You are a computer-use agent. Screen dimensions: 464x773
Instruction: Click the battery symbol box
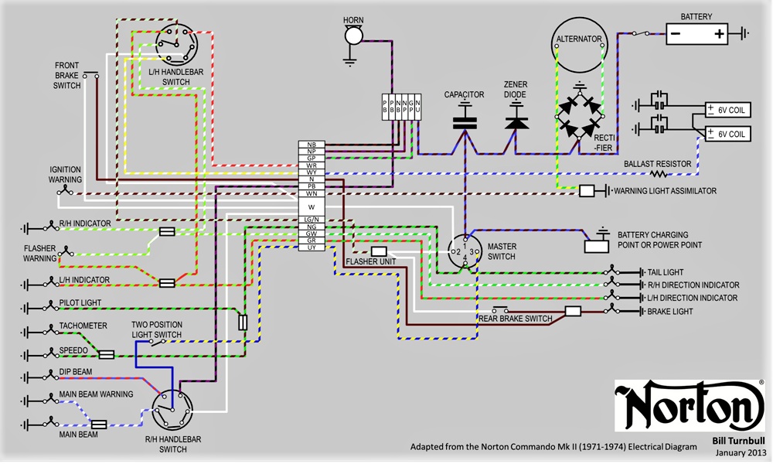click(696, 33)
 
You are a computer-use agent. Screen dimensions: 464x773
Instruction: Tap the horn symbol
click(352, 35)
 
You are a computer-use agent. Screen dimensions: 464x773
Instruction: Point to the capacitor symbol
click(465, 120)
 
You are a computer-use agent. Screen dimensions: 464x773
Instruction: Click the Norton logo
click(689, 405)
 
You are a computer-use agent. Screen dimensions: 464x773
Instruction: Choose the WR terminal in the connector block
click(311, 165)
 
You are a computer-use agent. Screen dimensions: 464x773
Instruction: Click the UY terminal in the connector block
click(311, 247)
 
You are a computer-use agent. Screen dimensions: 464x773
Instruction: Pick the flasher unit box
click(379, 251)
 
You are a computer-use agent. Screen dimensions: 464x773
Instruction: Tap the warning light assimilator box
click(587, 190)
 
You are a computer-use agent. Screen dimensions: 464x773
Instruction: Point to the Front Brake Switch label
click(66, 75)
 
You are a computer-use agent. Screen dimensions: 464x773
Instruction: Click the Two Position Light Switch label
click(157, 330)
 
